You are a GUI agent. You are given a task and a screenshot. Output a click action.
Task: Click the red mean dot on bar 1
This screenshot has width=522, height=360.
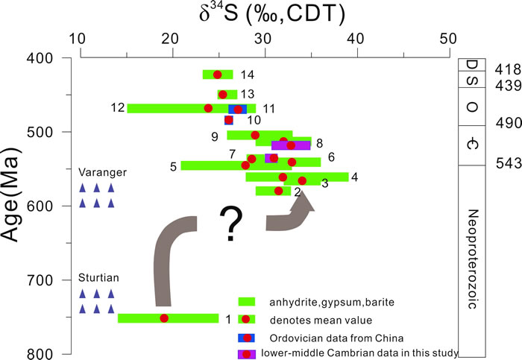(x=164, y=318)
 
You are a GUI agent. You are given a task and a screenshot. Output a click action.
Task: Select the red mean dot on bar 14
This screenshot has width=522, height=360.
(x=218, y=75)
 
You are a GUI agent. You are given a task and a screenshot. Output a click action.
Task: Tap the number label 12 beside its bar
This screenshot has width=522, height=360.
(x=117, y=108)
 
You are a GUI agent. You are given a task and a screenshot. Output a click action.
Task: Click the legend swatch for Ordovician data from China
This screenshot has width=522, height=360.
(x=247, y=337)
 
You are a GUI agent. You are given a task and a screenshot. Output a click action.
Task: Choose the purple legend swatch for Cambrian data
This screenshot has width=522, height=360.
(x=247, y=353)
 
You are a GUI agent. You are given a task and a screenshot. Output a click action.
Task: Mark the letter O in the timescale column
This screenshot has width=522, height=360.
(x=471, y=107)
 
